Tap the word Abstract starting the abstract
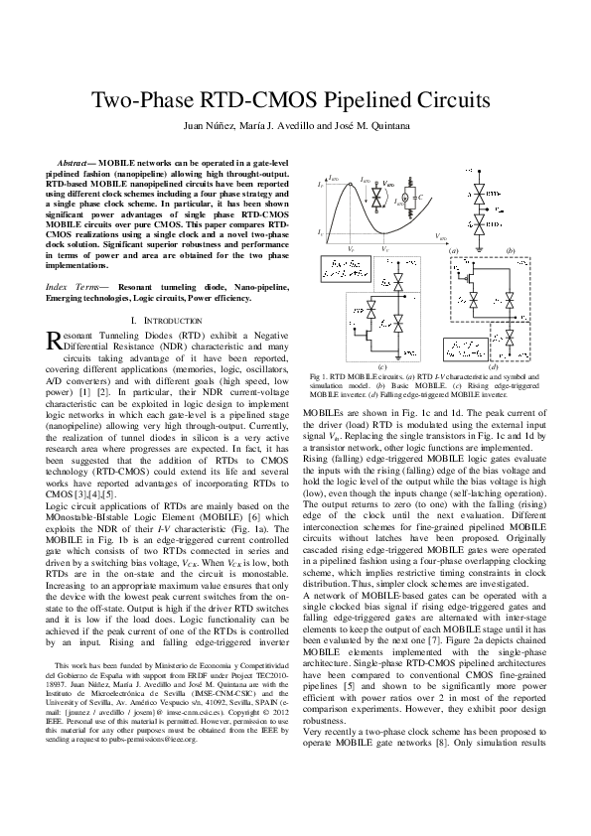tap(78, 160)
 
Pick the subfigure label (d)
tap(494, 367)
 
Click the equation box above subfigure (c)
tap(343, 266)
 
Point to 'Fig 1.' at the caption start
tap(320, 377)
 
